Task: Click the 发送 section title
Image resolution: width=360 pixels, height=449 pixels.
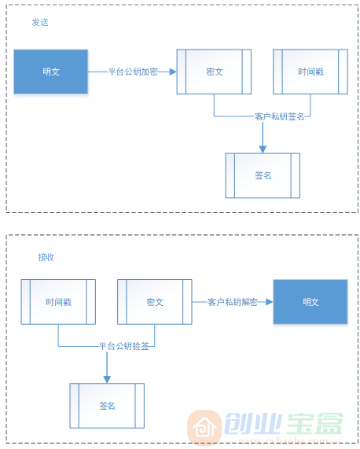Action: pos(40,22)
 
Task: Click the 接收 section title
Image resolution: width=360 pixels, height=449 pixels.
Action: pos(46,257)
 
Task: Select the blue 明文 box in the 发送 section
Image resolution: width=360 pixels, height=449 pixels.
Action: pos(51,72)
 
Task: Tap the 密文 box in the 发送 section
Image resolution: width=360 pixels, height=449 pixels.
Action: pos(214,72)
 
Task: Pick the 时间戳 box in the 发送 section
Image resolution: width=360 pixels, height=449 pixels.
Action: pos(310,72)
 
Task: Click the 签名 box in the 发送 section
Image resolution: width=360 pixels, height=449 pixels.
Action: pos(263,175)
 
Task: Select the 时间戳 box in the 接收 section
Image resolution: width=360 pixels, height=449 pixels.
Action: pos(58,302)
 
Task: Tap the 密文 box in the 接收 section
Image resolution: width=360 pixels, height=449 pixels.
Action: pos(154,302)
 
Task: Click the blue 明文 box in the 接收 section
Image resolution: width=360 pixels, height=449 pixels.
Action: pos(310,302)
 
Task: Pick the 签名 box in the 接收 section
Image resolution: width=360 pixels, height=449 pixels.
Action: pos(107,406)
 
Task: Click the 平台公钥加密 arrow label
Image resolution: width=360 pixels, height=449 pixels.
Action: pos(133,72)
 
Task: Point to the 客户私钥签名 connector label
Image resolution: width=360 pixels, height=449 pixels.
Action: pos(279,116)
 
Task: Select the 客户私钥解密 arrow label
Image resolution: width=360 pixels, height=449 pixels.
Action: pos(232,302)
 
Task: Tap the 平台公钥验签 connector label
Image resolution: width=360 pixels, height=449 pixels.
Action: pos(123,346)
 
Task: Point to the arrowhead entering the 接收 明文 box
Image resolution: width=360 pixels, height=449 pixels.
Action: pos(267,302)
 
